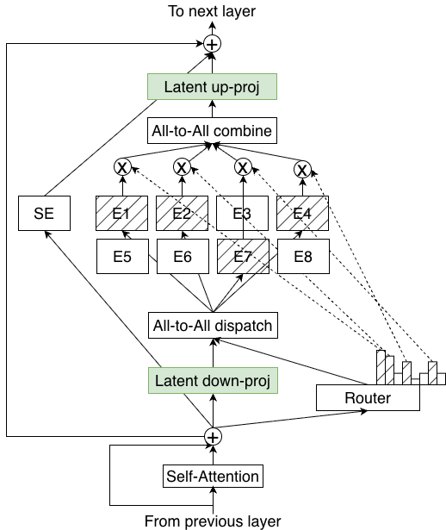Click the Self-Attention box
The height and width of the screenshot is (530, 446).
point(212,476)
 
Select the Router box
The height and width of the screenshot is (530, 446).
point(368,397)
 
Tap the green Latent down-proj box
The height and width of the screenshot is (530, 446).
point(212,379)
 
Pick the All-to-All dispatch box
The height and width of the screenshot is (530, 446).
point(212,326)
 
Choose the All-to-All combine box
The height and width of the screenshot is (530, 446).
point(212,131)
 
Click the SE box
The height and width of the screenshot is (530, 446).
point(44,214)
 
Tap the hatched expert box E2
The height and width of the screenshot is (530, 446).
point(182,214)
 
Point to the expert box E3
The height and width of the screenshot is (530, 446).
point(242,214)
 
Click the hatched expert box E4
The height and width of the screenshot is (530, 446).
point(302,214)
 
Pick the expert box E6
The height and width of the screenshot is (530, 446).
point(182,256)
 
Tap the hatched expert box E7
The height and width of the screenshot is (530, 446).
point(242,256)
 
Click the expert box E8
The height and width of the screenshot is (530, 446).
point(302,256)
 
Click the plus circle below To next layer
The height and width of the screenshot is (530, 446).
point(212,43)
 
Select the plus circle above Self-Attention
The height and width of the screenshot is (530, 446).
point(212,437)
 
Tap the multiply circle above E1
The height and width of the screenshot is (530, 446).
point(121,167)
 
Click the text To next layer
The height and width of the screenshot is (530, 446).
point(212,11)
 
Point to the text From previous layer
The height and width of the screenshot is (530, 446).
point(212,521)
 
